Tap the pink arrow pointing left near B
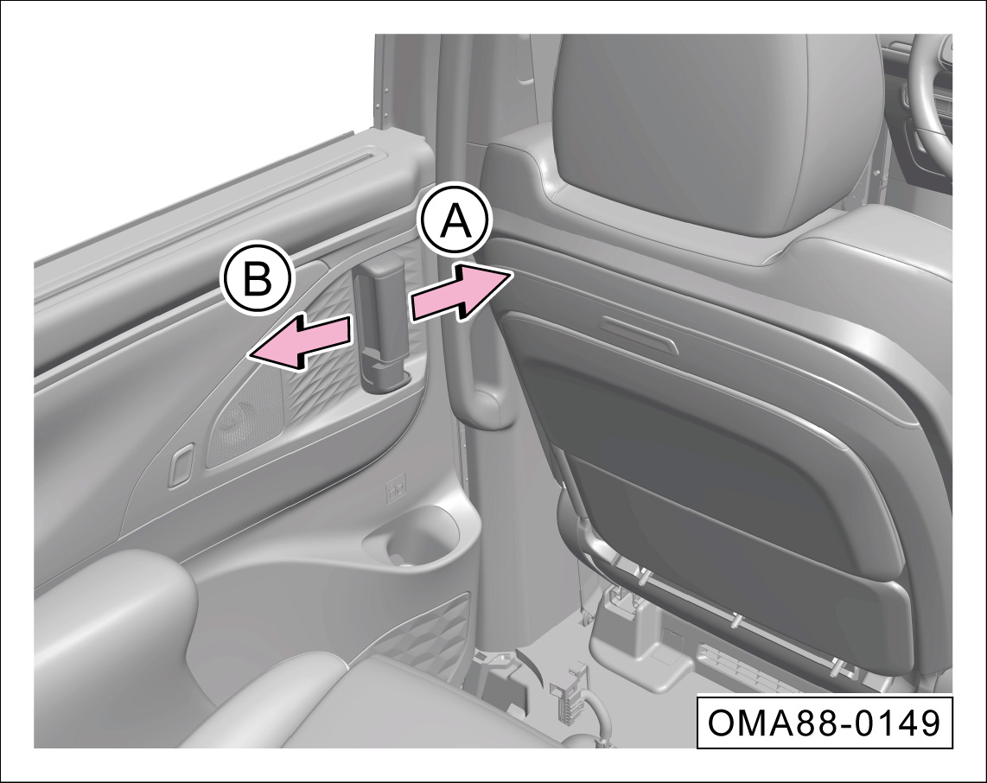click(x=300, y=341)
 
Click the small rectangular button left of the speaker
click(x=181, y=466)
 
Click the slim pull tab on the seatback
click(x=637, y=329)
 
